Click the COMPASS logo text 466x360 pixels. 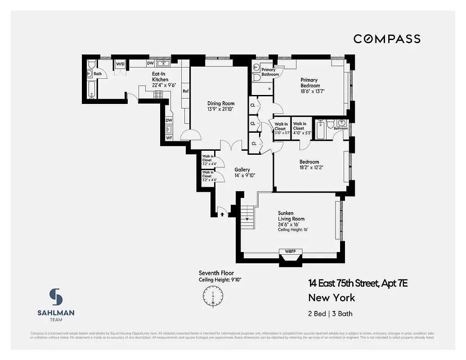click(387, 39)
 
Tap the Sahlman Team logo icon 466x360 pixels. click(56, 297)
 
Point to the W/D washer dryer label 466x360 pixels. click(120, 64)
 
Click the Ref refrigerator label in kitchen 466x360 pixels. click(185, 91)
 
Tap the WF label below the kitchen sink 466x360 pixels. click(169, 138)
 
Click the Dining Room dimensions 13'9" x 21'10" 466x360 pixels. click(220, 109)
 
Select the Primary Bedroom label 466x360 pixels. click(310, 83)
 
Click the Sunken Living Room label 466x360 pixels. click(291, 216)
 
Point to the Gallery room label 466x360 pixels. click(242, 170)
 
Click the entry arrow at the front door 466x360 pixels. click(222, 215)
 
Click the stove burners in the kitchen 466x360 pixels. click(158, 95)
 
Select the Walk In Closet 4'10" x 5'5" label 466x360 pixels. click(300, 128)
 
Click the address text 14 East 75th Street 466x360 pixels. click(358, 283)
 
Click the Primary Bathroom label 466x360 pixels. click(269, 72)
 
